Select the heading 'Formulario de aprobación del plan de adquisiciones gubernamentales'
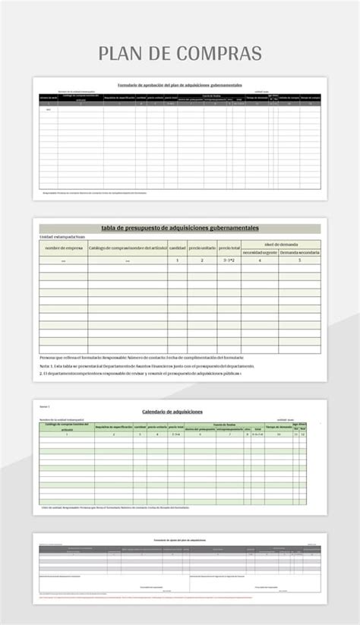click(x=179, y=84)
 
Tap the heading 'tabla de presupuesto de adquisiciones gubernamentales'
click(x=180, y=228)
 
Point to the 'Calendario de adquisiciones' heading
click(x=172, y=412)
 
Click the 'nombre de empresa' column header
click(x=64, y=248)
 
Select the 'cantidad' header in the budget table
click(x=177, y=248)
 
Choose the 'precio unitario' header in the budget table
click(x=201, y=248)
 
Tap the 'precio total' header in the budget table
click(x=229, y=248)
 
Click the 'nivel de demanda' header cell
click(x=281, y=244)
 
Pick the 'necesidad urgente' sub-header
click(x=260, y=251)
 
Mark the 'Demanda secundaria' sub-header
click(x=299, y=251)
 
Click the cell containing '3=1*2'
click(x=229, y=260)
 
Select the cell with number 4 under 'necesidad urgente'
click(x=260, y=260)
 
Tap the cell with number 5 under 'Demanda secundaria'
click(x=299, y=260)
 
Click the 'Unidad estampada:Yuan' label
click(x=62, y=237)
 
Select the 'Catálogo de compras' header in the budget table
click(x=127, y=248)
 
